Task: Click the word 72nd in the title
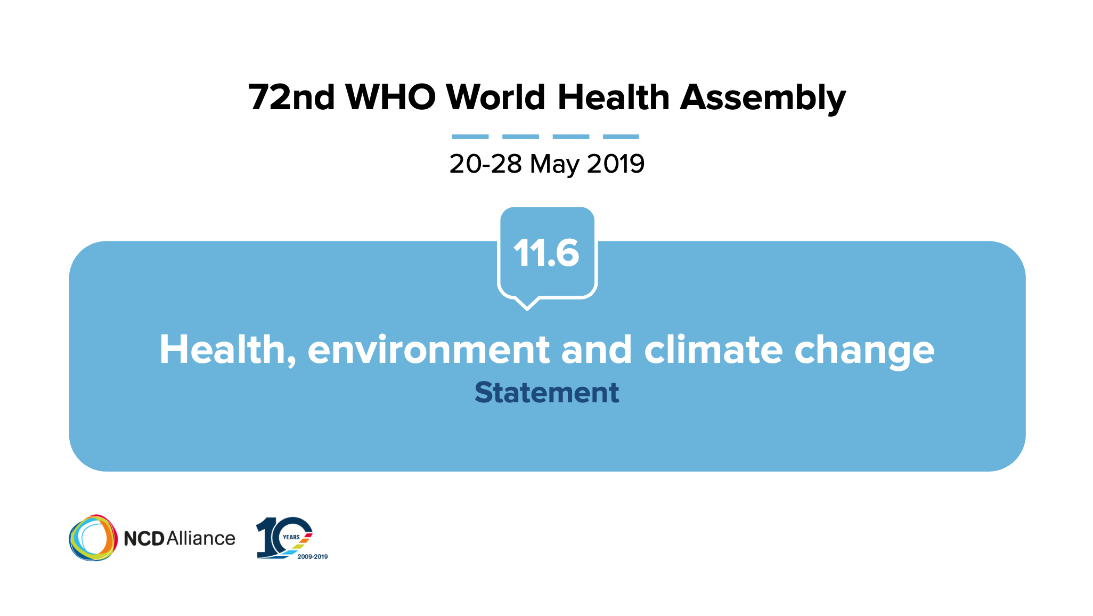point(292,98)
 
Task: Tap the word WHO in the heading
point(391,98)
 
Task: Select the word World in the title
point(496,98)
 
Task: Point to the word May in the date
point(554,164)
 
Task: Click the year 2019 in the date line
point(616,164)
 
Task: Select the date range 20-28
point(485,164)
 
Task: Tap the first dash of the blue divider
point(470,137)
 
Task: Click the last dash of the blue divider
point(621,137)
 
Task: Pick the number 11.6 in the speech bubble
point(546,253)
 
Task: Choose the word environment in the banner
point(429,350)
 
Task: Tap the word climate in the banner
point(714,350)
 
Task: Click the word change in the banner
point(864,352)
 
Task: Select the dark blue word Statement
point(547,393)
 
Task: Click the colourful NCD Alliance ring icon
point(93,538)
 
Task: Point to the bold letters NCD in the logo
point(144,539)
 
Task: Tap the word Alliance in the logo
point(201,538)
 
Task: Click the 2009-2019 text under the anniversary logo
point(313,557)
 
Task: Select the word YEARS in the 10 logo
point(291,537)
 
